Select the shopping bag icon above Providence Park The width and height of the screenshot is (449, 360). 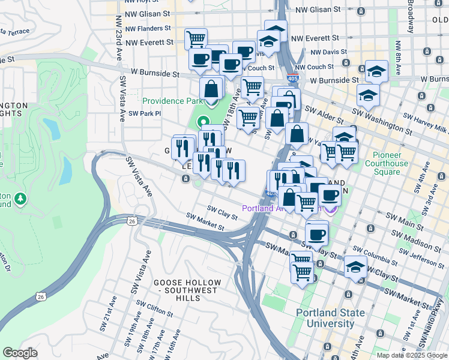tap(212, 89)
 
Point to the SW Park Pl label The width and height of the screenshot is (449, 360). tap(145, 113)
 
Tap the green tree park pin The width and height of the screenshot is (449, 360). tap(21, 198)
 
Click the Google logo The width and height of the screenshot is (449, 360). tap(20, 353)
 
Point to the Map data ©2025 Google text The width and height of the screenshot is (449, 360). tap(411, 355)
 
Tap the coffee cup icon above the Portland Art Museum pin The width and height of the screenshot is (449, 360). tap(329, 194)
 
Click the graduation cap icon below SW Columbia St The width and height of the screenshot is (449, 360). tap(356, 268)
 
